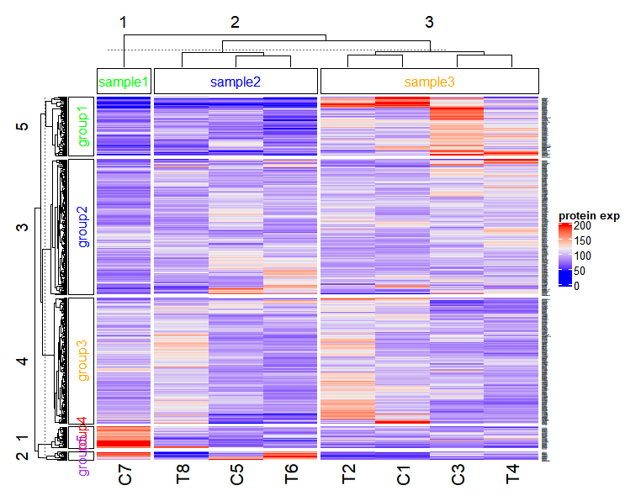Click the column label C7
pyautogui.click(x=124, y=475)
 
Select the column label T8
pyautogui.click(x=182, y=475)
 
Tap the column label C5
pyautogui.click(x=236, y=475)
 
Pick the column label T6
pyautogui.click(x=291, y=475)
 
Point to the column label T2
pyautogui.click(x=347, y=475)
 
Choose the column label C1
pyautogui.click(x=402, y=475)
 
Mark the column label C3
pyautogui.click(x=458, y=475)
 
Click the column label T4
pyautogui.click(x=512, y=475)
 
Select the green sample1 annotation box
pyautogui.click(x=124, y=82)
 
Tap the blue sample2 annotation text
pyautogui.click(x=236, y=82)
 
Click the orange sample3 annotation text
pyautogui.click(x=430, y=82)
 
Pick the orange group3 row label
pyautogui.click(x=82, y=360)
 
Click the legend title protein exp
pyautogui.click(x=589, y=216)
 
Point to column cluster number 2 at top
pyautogui.click(x=235, y=23)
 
